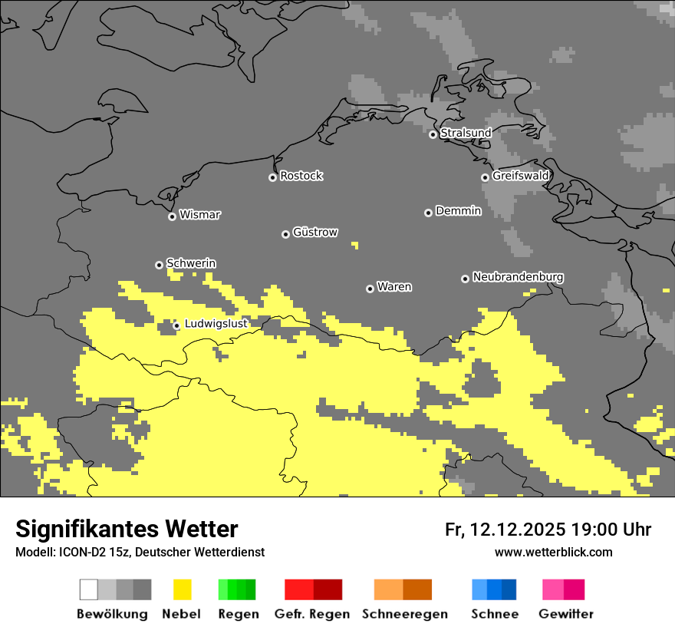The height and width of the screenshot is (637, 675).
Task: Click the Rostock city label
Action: (301, 176)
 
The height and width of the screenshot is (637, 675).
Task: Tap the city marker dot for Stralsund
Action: (433, 134)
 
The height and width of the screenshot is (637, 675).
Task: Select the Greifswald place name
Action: (520, 176)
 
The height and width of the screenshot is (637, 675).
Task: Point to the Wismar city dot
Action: (172, 216)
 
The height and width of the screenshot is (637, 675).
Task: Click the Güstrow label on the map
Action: (314, 233)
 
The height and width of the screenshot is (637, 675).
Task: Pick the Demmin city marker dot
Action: (428, 213)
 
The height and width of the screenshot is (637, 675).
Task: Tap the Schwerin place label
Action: (191, 263)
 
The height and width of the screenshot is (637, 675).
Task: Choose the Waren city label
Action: (394, 287)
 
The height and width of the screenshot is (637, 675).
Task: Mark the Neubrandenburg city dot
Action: (465, 279)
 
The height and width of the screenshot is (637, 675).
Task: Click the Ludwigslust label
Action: (216, 324)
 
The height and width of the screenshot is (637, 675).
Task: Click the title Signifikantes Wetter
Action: (127, 529)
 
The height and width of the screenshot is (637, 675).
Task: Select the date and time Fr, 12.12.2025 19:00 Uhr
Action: (548, 530)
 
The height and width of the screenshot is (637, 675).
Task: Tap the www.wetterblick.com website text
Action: (553, 552)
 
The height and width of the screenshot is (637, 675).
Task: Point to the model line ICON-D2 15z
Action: (140, 552)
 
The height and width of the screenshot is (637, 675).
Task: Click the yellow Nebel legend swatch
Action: (182, 589)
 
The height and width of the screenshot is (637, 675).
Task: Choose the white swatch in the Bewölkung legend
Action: (89, 589)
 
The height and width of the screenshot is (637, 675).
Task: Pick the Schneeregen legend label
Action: (404, 614)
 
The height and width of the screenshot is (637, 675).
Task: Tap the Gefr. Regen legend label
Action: (311, 614)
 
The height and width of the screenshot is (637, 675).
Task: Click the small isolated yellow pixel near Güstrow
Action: (354, 245)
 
